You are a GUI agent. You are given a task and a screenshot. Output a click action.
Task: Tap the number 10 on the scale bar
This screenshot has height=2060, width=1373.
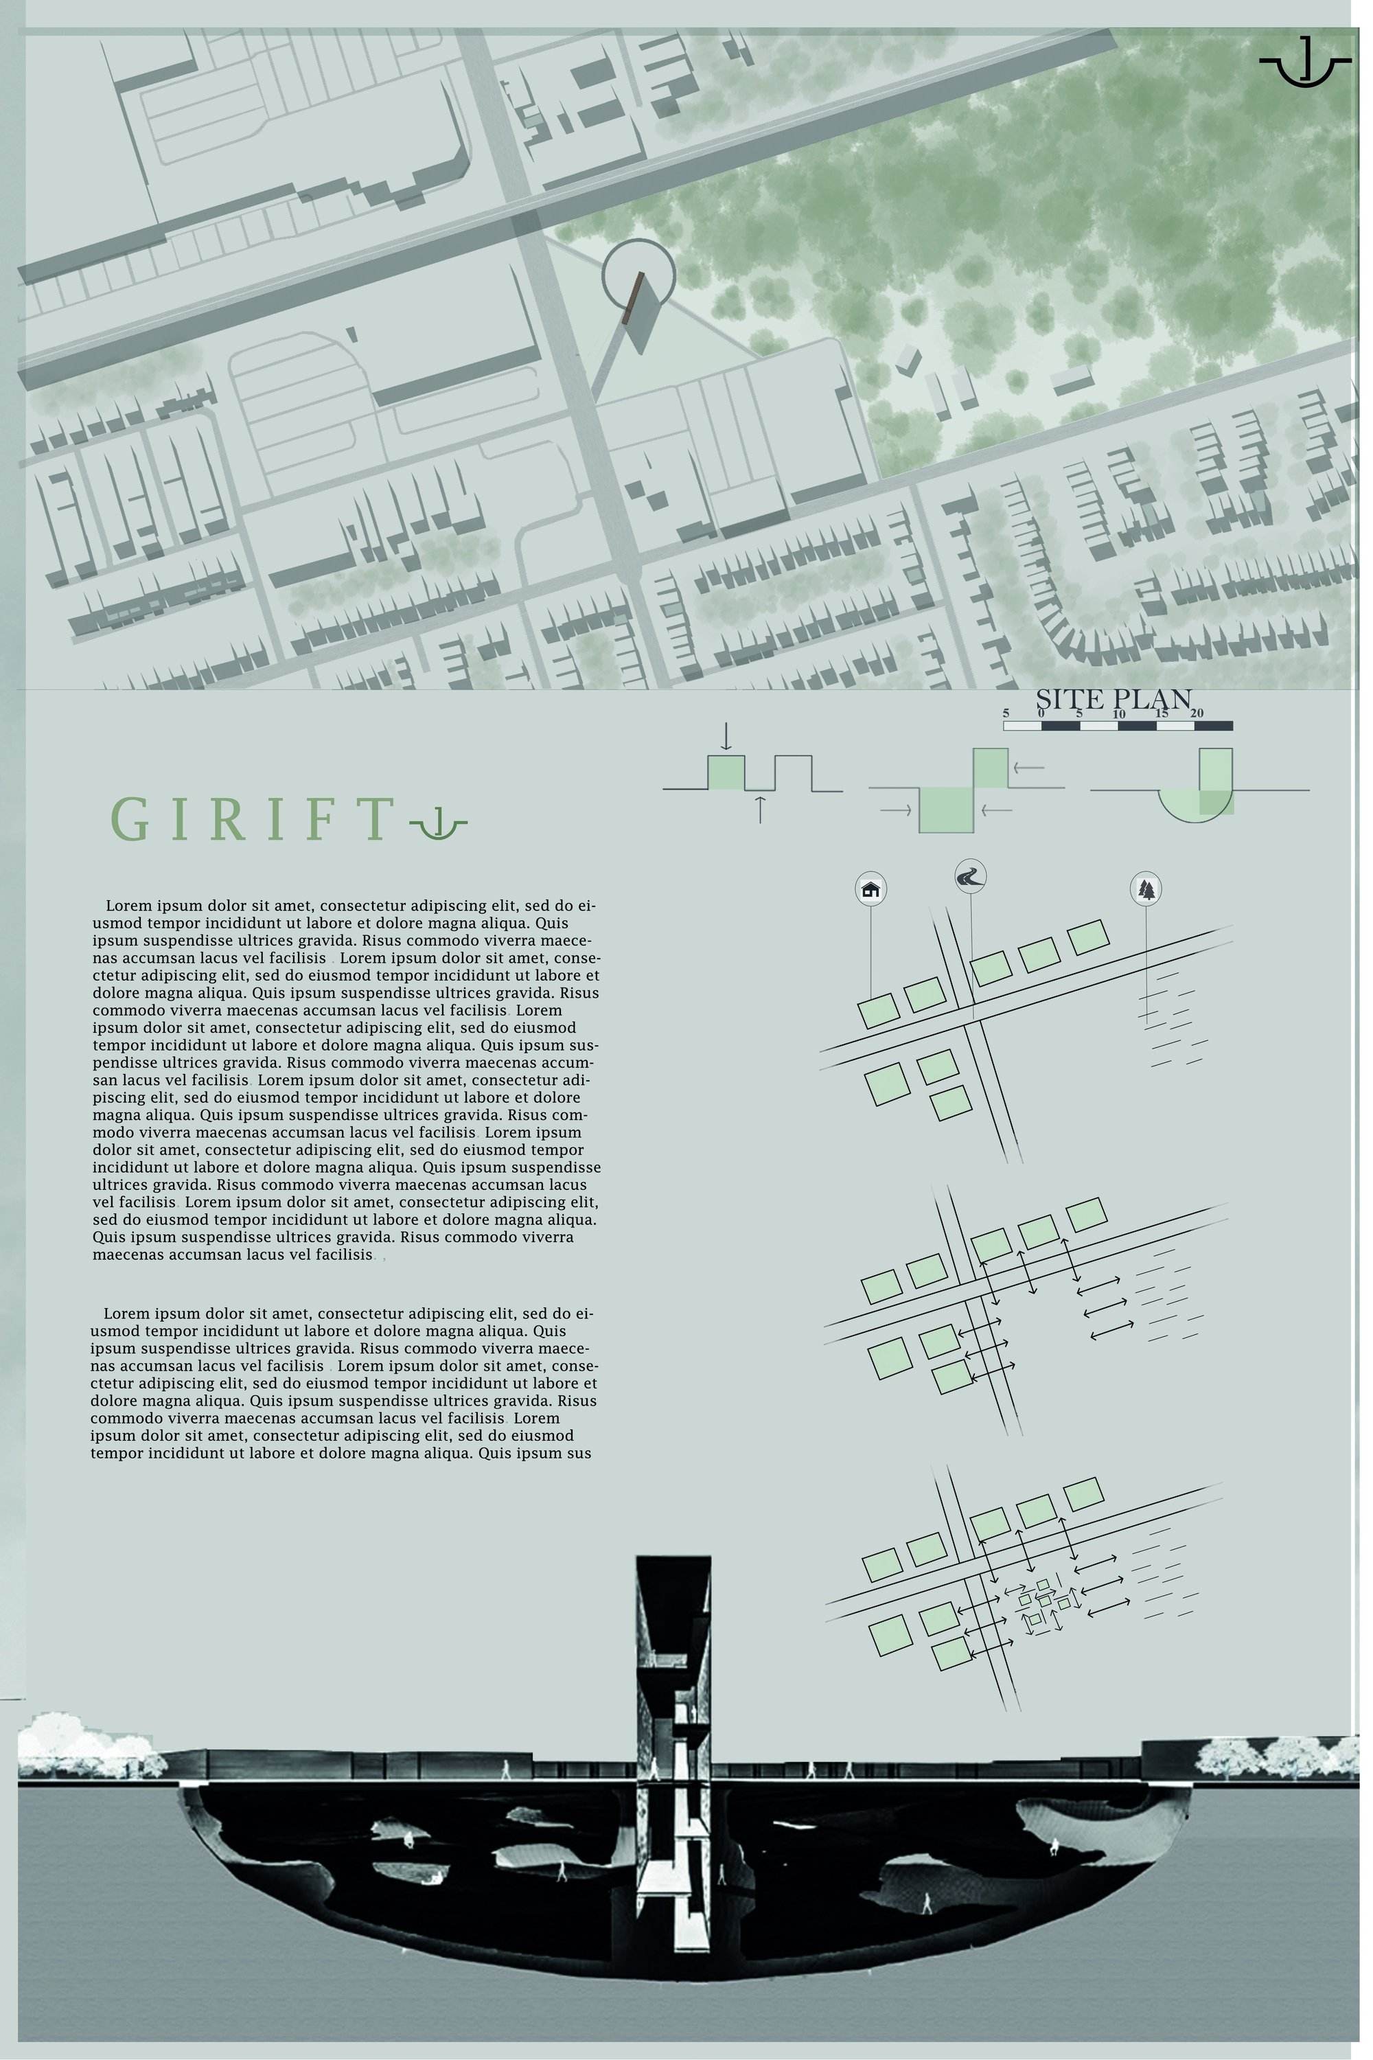click(1118, 714)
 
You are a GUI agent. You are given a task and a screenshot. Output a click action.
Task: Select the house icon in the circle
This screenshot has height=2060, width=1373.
click(870, 889)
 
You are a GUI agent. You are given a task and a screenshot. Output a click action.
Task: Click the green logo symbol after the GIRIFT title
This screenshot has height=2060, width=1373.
click(438, 823)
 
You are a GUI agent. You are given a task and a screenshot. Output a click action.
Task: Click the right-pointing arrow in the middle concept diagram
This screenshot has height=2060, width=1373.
click(896, 811)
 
